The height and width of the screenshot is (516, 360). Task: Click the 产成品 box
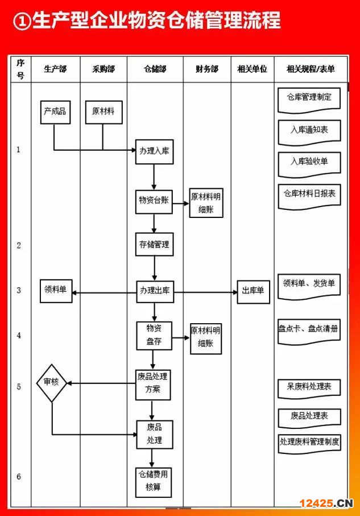55,112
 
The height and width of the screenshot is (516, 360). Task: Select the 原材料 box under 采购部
104,112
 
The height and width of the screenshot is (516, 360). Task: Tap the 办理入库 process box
154,152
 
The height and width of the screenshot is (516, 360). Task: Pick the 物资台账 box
154,201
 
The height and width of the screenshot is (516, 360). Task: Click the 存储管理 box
154,244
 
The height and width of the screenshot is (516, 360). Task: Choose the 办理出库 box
155,291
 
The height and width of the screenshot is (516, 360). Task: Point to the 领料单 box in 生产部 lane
56,291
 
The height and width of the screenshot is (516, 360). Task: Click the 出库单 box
254,292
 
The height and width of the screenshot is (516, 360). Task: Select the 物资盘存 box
154,335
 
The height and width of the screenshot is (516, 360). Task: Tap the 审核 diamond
52,383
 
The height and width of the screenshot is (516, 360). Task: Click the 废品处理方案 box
153,385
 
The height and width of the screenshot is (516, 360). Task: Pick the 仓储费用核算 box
154,482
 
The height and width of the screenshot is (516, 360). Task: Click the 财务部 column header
207,69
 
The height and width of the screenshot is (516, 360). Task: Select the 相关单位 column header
253,69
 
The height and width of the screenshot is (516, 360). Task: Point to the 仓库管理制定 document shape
309,100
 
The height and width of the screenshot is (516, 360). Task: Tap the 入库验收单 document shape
309,164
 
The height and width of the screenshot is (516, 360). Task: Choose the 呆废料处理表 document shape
309,389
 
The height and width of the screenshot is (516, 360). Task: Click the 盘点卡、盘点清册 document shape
309,331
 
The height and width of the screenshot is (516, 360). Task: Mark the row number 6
19,476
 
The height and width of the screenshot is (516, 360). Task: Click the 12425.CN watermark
326,503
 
